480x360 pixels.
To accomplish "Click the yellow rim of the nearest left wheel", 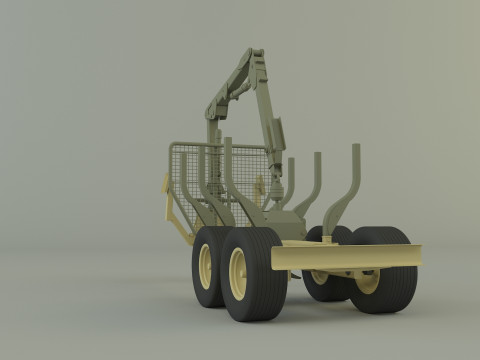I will click(x=238, y=273).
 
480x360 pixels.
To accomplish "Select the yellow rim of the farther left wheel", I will click(x=206, y=266).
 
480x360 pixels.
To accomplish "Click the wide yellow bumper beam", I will click(x=346, y=256).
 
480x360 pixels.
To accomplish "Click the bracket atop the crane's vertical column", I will click(x=212, y=110).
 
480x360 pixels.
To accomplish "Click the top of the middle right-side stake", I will click(x=318, y=157).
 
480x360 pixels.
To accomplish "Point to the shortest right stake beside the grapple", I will click(x=291, y=165).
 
